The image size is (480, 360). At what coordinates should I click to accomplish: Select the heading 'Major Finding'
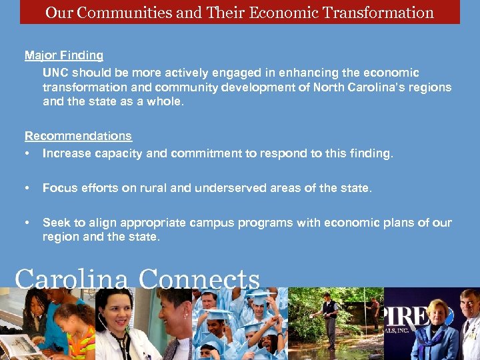click(64, 55)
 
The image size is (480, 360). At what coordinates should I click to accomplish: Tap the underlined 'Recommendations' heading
click(78, 136)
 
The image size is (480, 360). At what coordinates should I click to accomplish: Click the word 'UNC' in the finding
click(55, 73)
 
